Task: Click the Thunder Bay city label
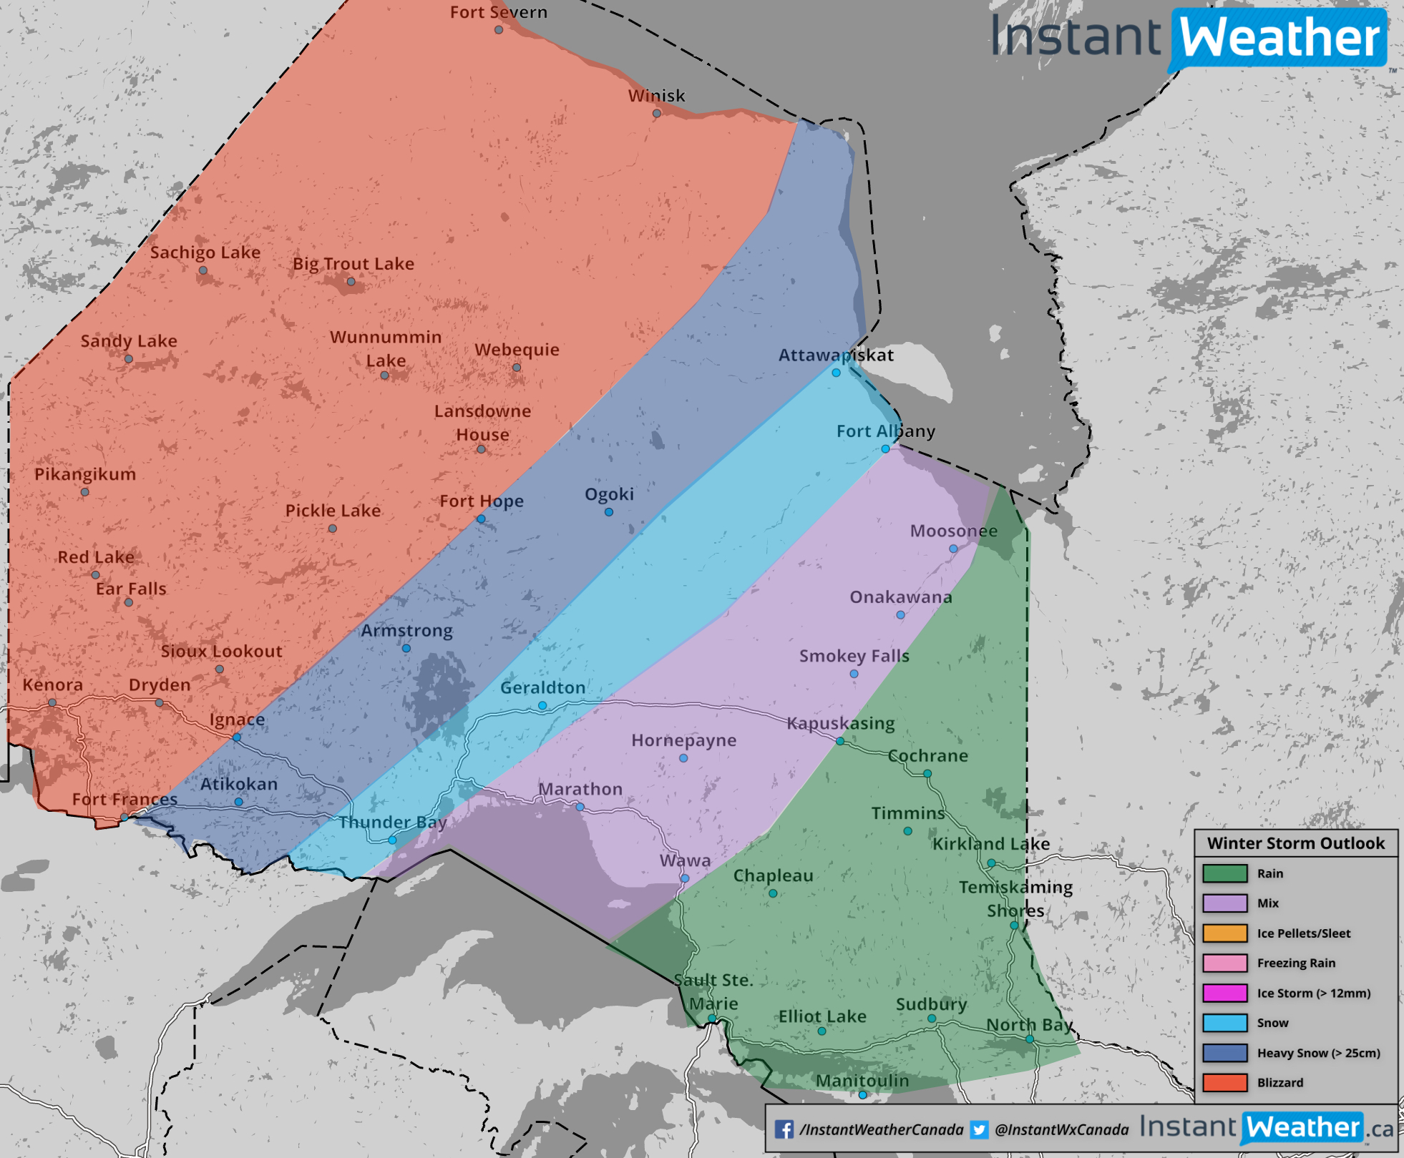click(392, 822)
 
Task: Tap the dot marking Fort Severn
click(499, 29)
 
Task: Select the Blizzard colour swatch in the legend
click(1224, 1082)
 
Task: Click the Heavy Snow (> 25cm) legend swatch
click(1224, 1052)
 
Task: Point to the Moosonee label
click(953, 531)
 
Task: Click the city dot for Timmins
click(907, 831)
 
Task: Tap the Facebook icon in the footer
click(784, 1129)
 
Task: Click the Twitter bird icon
click(979, 1129)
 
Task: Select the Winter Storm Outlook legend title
click(1296, 843)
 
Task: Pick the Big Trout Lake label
click(354, 264)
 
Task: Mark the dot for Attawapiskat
click(836, 373)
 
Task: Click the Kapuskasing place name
click(841, 723)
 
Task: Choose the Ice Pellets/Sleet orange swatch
click(1224, 933)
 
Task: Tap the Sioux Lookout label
click(221, 651)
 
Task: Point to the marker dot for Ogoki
click(608, 512)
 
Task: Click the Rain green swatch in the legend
click(1224, 873)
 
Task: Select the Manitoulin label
click(862, 1080)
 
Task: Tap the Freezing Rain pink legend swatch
click(1224, 963)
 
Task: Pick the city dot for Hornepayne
click(683, 758)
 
